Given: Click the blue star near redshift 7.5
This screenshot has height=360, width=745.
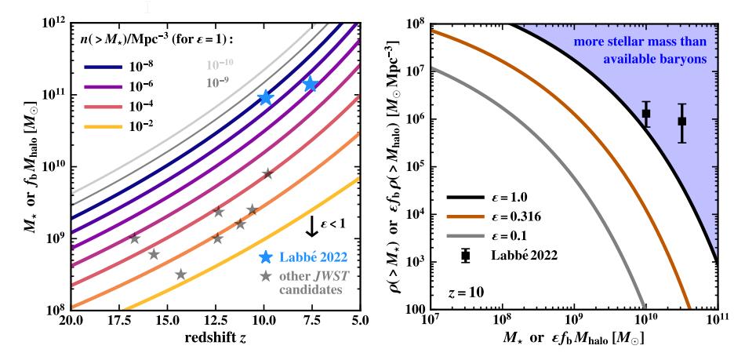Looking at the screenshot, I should [311, 84].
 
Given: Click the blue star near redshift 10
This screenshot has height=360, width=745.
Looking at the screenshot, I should [265, 97].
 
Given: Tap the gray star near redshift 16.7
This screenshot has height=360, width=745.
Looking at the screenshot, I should [134, 238].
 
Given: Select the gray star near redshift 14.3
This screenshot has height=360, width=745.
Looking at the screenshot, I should [181, 274].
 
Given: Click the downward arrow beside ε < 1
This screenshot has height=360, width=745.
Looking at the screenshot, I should [311, 225].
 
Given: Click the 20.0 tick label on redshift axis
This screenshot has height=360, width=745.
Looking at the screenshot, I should [70, 322].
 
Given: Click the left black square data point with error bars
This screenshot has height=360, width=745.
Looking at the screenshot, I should [646, 114].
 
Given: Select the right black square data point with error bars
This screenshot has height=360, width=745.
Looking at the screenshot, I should [682, 121].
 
